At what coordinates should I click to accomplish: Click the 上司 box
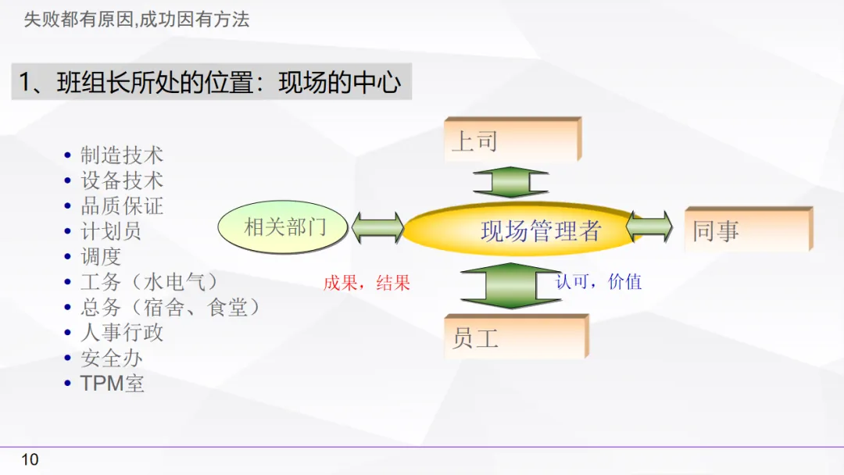511,141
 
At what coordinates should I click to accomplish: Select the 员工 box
515,337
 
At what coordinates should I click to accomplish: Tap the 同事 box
747,230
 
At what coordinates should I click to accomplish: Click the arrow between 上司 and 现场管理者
511,182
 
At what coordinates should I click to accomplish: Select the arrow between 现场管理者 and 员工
511,285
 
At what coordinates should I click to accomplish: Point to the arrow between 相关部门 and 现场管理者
377,227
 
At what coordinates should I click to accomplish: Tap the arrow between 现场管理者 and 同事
649,227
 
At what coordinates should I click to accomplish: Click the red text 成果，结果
367,283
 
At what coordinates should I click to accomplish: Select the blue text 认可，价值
599,281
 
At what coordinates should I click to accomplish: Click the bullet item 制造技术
121,155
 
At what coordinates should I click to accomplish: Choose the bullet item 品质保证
121,206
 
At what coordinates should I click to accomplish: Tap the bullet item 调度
101,256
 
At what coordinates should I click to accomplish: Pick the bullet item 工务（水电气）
148,281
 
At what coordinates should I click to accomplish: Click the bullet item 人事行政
121,332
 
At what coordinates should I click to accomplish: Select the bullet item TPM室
112,383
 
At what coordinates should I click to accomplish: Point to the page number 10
30,459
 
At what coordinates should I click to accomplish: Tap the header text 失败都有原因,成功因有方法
137,20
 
